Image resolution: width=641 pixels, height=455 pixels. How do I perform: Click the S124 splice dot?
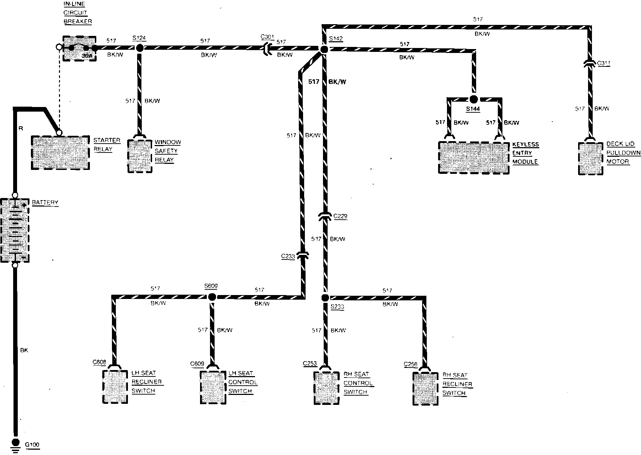click(x=140, y=48)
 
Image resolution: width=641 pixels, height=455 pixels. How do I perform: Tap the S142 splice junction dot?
click(x=323, y=49)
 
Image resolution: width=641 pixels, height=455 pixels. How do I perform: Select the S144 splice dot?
click(x=473, y=99)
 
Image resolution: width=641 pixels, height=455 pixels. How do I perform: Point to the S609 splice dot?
click(x=212, y=297)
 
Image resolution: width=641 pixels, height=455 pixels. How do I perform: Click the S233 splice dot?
click(x=325, y=298)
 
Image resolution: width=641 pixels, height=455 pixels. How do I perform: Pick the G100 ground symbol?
click(x=15, y=444)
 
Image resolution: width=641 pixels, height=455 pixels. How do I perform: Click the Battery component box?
click(x=15, y=230)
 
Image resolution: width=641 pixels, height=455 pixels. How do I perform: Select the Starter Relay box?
click(x=60, y=152)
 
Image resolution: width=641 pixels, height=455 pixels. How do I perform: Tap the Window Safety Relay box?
click(x=140, y=156)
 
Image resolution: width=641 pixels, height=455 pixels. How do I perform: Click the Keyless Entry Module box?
click(x=474, y=157)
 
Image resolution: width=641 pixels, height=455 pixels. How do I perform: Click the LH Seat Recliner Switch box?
click(x=115, y=386)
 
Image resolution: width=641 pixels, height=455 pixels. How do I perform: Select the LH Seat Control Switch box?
click(x=212, y=387)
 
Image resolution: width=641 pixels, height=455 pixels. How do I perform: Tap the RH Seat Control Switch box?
click(x=327, y=388)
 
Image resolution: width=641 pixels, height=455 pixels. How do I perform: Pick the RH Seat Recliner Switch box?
click(x=425, y=388)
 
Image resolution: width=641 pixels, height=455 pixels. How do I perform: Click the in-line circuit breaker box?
click(x=79, y=48)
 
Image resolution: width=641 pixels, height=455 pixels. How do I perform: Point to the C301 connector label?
click(x=267, y=37)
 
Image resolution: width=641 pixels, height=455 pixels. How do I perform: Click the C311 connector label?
click(x=604, y=64)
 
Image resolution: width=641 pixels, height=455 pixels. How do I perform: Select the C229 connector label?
click(x=340, y=216)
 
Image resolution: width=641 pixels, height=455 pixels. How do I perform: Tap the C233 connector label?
click(x=288, y=256)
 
